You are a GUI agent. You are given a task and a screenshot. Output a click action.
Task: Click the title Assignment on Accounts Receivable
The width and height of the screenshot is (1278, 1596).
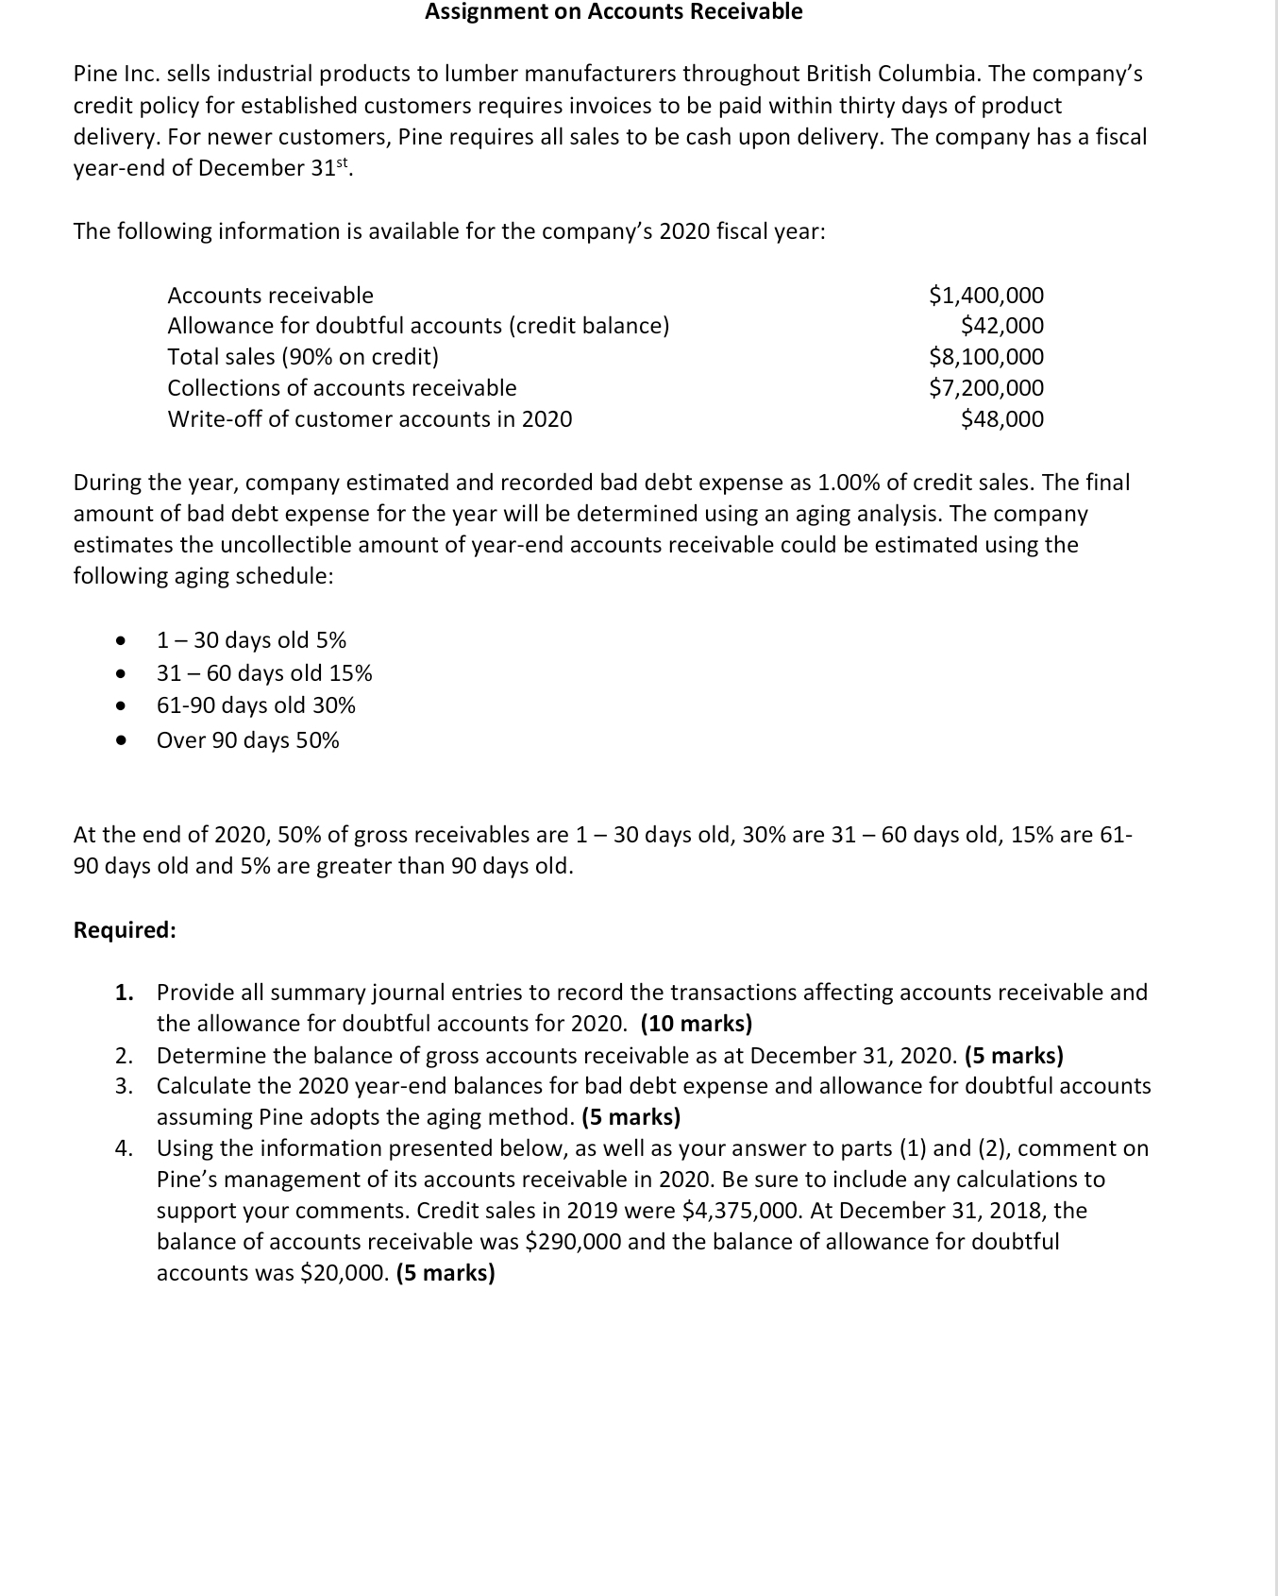click(x=614, y=12)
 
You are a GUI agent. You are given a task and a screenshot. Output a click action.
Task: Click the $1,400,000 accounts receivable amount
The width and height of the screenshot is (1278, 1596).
click(x=986, y=296)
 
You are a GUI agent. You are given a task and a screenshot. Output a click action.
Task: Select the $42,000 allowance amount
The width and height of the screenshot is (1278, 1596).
click(x=1001, y=326)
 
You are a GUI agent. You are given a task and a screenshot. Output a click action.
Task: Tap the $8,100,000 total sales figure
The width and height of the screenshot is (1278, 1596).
click(x=986, y=357)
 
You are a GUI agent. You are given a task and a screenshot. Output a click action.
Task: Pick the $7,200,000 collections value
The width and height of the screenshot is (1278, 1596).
click(x=986, y=388)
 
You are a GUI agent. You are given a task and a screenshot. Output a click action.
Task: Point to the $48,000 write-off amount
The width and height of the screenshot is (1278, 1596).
click(x=1001, y=419)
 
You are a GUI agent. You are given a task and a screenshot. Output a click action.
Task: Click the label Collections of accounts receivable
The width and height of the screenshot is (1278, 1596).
click(x=342, y=388)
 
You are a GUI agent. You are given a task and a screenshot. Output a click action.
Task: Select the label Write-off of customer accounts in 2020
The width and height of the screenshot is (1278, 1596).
click(x=369, y=419)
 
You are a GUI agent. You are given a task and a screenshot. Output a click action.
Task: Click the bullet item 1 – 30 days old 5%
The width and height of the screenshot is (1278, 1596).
click(x=251, y=640)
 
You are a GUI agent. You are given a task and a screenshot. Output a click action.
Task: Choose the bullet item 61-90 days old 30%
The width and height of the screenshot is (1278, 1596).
click(x=256, y=705)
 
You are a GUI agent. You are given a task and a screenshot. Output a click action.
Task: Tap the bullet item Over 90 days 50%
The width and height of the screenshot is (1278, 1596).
click(x=247, y=740)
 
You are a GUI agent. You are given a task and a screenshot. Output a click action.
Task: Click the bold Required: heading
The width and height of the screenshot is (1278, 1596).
click(x=125, y=930)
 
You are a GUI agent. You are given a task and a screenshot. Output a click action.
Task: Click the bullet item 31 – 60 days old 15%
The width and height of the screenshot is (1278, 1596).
click(x=264, y=673)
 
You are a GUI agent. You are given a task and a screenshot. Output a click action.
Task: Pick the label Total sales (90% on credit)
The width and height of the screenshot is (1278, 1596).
click(x=302, y=357)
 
